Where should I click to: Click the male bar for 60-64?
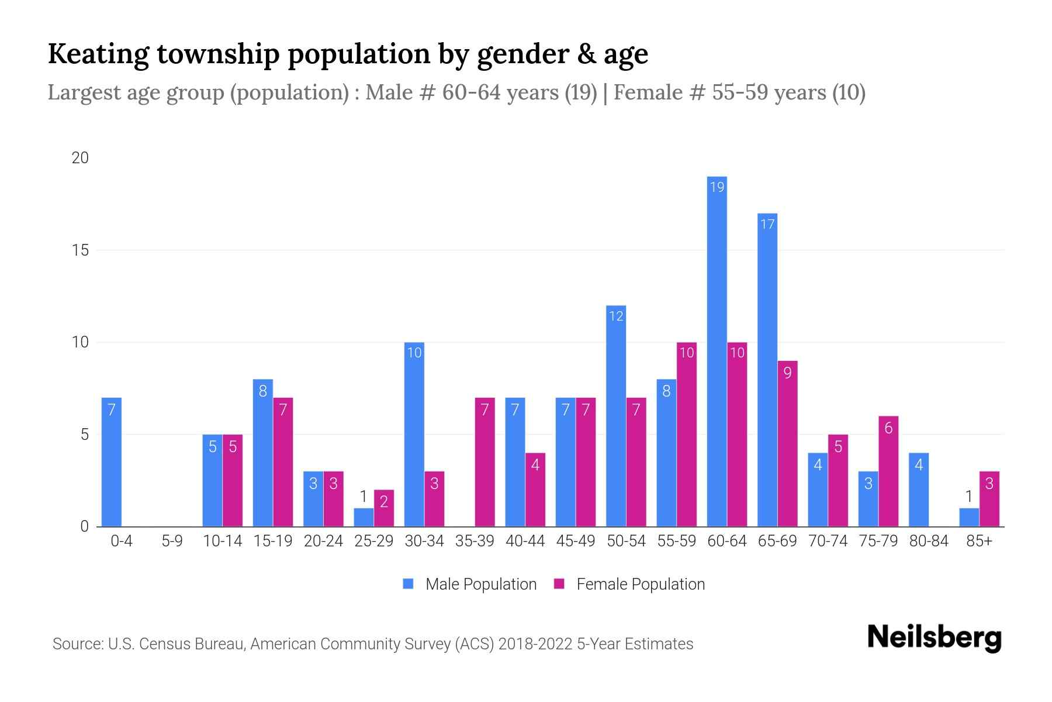(717, 351)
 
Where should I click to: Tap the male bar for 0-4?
(112, 462)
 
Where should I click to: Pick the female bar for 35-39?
(485, 462)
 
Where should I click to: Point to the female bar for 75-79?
(888, 472)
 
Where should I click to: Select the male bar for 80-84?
(919, 490)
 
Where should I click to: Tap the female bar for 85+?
(989, 499)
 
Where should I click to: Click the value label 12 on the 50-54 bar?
(616, 316)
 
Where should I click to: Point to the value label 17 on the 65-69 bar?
(767, 224)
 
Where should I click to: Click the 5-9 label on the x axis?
(172, 541)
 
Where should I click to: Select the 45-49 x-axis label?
(576, 541)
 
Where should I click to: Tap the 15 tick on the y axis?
(80, 250)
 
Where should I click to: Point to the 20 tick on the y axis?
(80, 158)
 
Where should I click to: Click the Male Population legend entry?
(470, 584)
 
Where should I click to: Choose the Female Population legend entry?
(630, 584)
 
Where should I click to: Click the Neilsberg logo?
(934, 638)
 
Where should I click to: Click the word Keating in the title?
(98, 54)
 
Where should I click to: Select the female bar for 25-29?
(384, 508)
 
